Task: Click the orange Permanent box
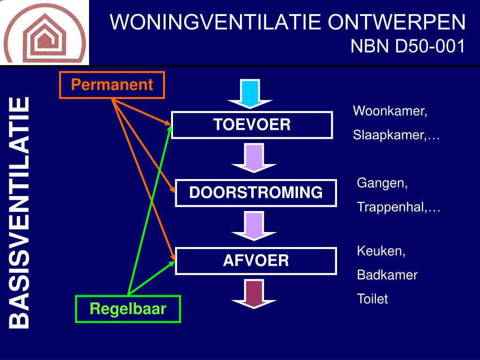112,85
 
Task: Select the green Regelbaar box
128,309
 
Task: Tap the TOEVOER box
252,125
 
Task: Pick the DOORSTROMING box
256,193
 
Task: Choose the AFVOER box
256,261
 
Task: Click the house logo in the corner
45,32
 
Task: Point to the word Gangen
382,183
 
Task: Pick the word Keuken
381,251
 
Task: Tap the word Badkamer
387,275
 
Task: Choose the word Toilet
373,299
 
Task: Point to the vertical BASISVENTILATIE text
20,212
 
